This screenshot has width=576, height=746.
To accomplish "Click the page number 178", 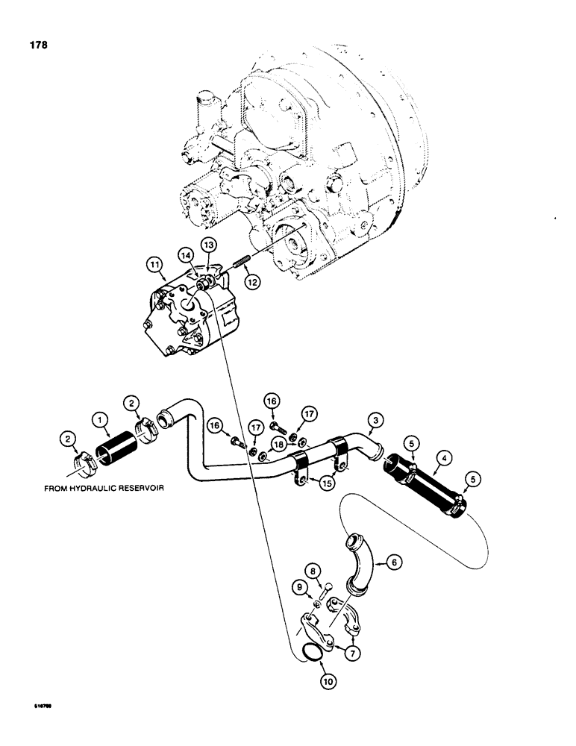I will (37, 46).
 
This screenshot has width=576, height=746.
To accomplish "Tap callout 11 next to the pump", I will (154, 263).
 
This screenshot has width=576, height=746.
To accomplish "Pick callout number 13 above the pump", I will (208, 245).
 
